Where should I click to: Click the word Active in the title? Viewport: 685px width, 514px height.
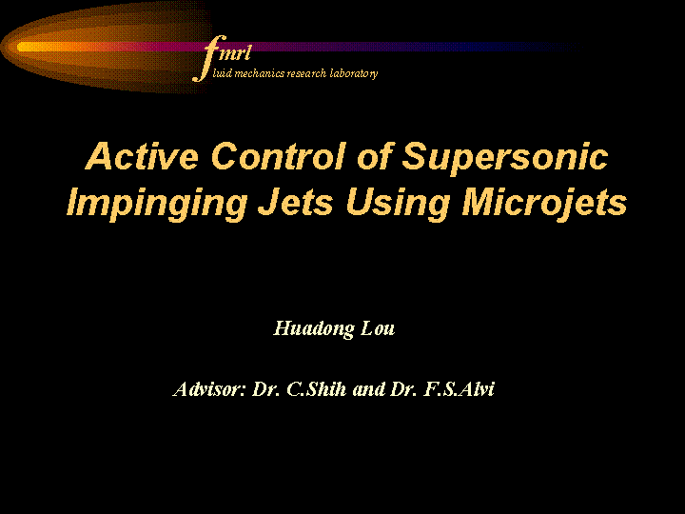[x=142, y=156]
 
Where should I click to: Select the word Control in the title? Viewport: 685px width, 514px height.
[x=279, y=156]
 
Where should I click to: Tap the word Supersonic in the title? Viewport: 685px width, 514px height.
[x=504, y=159]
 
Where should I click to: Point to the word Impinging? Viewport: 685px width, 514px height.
[x=157, y=205]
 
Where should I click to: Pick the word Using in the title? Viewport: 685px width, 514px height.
[x=398, y=205]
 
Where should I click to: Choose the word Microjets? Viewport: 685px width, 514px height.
[x=545, y=205]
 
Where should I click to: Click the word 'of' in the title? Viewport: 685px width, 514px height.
[x=375, y=156]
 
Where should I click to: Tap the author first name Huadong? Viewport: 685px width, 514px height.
[x=314, y=329]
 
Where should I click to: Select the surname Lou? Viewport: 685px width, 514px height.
[x=378, y=328]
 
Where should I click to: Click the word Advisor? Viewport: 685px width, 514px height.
[x=208, y=388]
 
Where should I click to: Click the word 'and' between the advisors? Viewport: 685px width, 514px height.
[x=369, y=389]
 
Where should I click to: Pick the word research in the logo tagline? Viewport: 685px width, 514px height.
[x=306, y=73]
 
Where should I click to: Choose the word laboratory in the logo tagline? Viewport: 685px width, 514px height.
[x=353, y=73]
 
